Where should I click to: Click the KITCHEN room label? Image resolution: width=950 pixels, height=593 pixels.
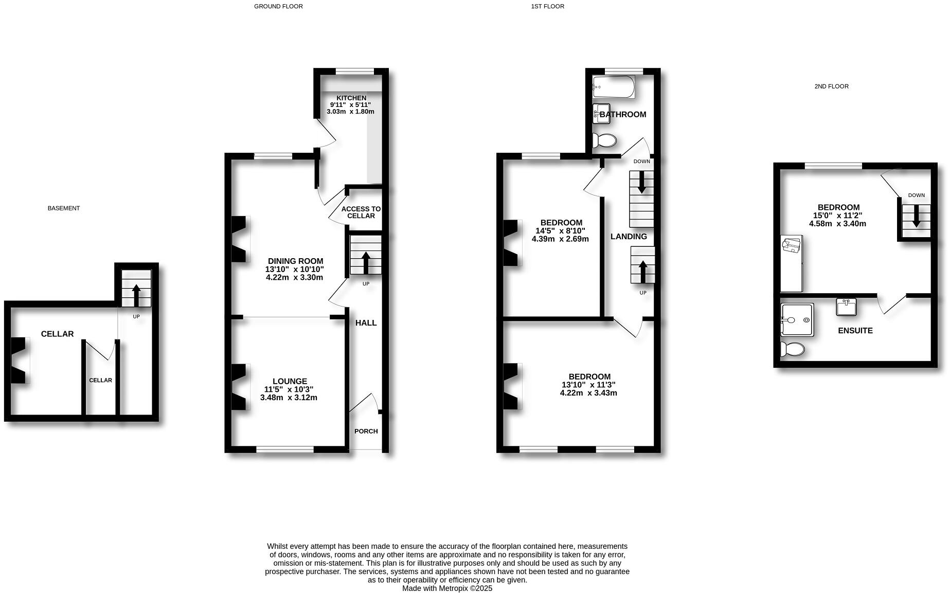[x=351, y=98]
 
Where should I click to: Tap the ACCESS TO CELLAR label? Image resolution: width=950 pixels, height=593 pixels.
[x=361, y=212]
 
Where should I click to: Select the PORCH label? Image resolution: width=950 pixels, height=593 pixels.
[x=366, y=432]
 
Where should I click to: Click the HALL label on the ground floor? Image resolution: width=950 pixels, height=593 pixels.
[x=366, y=323]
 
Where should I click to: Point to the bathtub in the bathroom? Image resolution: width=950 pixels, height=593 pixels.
[x=614, y=87]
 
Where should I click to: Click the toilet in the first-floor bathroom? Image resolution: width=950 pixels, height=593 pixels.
[x=604, y=140]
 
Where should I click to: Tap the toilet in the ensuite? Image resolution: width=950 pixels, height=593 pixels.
[x=792, y=350]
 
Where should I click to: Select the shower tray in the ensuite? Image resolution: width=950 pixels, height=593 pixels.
[x=797, y=320]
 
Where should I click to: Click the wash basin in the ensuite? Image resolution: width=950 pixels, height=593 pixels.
[x=846, y=307]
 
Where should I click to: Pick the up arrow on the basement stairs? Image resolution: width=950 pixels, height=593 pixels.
[x=136, y=295]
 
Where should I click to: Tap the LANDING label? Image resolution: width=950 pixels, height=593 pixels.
[x=629, y=237]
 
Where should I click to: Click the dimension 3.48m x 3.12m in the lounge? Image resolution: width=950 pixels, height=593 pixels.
[x=289, y=398]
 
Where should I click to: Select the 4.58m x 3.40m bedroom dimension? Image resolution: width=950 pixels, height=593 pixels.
[x=837, y=224]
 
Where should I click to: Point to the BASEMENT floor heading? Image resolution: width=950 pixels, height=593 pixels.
[x=64, y=208]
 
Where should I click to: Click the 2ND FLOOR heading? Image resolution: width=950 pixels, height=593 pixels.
[x=831, y=86]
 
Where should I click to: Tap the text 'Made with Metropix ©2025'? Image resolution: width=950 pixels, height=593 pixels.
[x=447, y=588]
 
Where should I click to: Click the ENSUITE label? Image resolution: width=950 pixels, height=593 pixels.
[x=855, y=331]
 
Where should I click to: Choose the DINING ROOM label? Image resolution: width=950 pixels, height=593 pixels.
[x=295, y=261]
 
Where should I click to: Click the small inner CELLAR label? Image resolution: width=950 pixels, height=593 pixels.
[x=100, y=381]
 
